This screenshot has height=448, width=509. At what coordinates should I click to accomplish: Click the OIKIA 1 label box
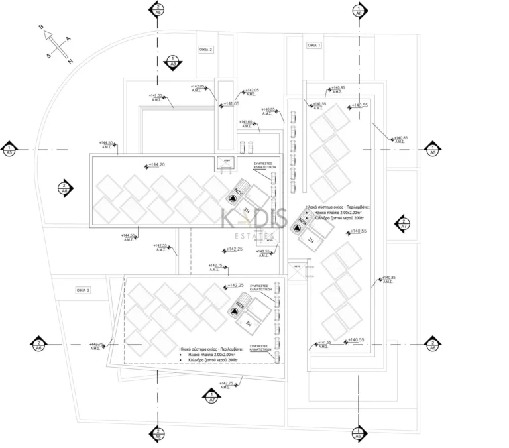pyautogui.click(x=313, y=46)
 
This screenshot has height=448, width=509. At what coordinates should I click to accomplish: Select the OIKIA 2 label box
pyautogui.click(x=206, y=50)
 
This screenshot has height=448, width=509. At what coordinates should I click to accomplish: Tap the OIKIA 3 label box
pyautogui.click(x=83, y=290)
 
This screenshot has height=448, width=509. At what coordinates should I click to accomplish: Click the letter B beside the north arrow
pyautogui.click(x=42, y=27)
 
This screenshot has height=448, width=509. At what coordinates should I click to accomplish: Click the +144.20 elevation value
pyautogui.click(x=156, y=164)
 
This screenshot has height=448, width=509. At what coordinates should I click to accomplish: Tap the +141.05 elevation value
pyautogui.click(x=231, y=103)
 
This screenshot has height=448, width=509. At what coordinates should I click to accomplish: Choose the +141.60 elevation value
pyautogui.click(x=245, y=122)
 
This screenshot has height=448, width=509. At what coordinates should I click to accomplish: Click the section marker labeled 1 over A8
pyautogui.click(x=173, y=62)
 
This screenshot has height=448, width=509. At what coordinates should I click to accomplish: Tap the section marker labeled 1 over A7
pyautogui.click(x=211, y=396)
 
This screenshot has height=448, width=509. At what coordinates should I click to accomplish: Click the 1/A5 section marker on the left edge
pyautogui.click(x=9, y=148)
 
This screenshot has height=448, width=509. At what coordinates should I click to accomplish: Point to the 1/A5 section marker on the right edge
pyautogui.click(x=433, y=148)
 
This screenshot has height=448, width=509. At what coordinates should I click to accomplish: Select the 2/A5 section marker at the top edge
pyautogui.click(x=157, y=9)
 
